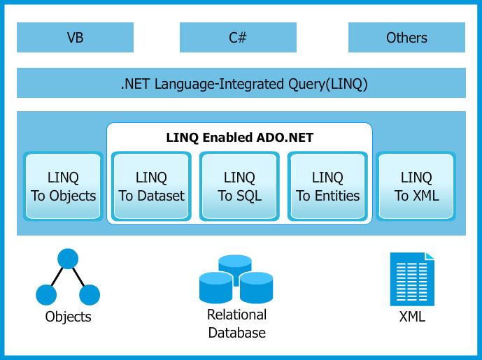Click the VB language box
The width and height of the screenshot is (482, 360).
coord(75,37)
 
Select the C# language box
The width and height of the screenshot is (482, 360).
coord(238,37)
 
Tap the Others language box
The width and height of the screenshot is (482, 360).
coord(406,37)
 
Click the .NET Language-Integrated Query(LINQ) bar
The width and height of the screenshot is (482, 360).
coord(241,83)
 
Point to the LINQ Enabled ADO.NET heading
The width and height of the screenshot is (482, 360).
coord(240,137)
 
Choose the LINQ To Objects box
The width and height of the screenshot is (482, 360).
coord(63,186)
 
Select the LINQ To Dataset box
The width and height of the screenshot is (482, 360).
coord(151,186)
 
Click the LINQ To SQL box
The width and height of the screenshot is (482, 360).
coord(239,186)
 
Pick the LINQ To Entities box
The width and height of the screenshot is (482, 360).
coord(327,186)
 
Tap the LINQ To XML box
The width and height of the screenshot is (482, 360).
coord(416,186)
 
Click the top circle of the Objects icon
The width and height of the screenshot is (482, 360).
coord(68,259)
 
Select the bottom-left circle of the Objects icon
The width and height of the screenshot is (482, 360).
coord(46,295)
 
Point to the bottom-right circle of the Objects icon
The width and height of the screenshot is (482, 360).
coord(90,295)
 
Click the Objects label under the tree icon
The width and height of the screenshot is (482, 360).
coord(69,317)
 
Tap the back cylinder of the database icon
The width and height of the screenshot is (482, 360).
coord(235,264)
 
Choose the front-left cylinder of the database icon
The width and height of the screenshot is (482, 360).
coord(215,288)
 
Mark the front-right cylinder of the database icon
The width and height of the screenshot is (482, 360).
coord(256,288)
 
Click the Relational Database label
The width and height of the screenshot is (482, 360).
coord(236,324)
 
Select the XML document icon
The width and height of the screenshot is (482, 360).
coord(412,279)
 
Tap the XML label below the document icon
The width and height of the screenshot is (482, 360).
coord(412,317)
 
